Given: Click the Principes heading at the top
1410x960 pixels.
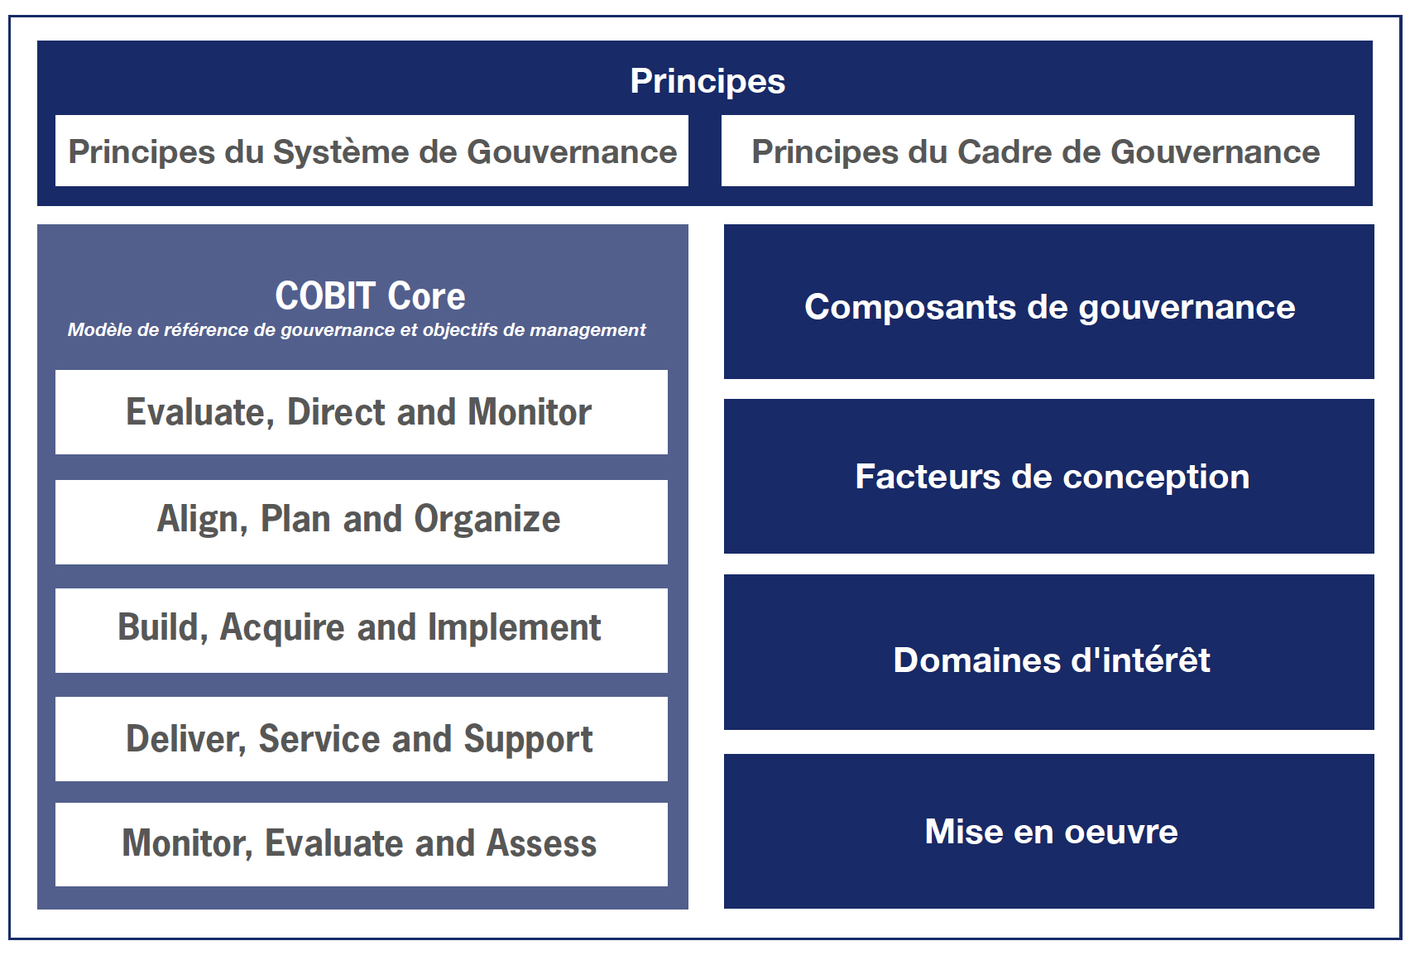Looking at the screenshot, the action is pos(707,81).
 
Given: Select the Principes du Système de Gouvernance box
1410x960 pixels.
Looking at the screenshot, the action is pos(372,151).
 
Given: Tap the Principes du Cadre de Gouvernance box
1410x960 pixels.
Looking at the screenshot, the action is pos(1038,151).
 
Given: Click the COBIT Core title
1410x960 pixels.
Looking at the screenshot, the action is pos(370,295).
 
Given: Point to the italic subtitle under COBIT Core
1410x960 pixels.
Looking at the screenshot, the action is pos(357,330).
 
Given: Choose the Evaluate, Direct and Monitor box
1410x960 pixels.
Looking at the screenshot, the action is pos(362,411).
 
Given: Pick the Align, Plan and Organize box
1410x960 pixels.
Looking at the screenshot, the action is pos(362,522).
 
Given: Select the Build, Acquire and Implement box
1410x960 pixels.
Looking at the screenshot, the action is pos(362,630).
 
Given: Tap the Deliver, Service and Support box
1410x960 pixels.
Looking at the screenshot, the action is pos(362,739).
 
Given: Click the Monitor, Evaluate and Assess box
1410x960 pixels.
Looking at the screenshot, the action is pos(362,844).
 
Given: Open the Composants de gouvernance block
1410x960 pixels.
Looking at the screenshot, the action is pos(1048,301).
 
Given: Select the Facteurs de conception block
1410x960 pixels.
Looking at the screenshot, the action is pos(1048,476).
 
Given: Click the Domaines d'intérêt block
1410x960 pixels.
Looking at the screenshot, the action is pos(1048,651).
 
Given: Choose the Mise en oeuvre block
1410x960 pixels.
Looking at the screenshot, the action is pos(1048,831).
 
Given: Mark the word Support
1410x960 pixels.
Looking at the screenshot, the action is pos(528,740).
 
